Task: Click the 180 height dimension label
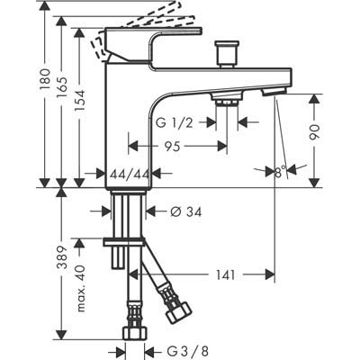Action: coord(45,79)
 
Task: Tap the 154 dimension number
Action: coord(80,101)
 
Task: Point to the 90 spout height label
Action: coord(315,132)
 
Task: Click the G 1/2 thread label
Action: coord(175,122)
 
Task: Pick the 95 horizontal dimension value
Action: coord(172,147)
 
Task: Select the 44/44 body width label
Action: coord(129,174)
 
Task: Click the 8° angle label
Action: coord(281,172)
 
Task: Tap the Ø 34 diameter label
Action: coord(186,212)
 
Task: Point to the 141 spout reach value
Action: coord(225,274)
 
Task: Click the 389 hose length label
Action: coord(62,257)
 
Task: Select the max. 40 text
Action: coord(80,288)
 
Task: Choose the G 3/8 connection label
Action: coord(187,351)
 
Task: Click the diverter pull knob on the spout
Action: coord(227,55)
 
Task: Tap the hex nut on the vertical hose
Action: coord(135,333)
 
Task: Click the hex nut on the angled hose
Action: coord(179,312)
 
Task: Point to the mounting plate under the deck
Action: coord(124,242)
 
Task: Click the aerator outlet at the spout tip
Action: coord(274,91)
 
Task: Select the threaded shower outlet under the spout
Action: coord(227,100)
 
